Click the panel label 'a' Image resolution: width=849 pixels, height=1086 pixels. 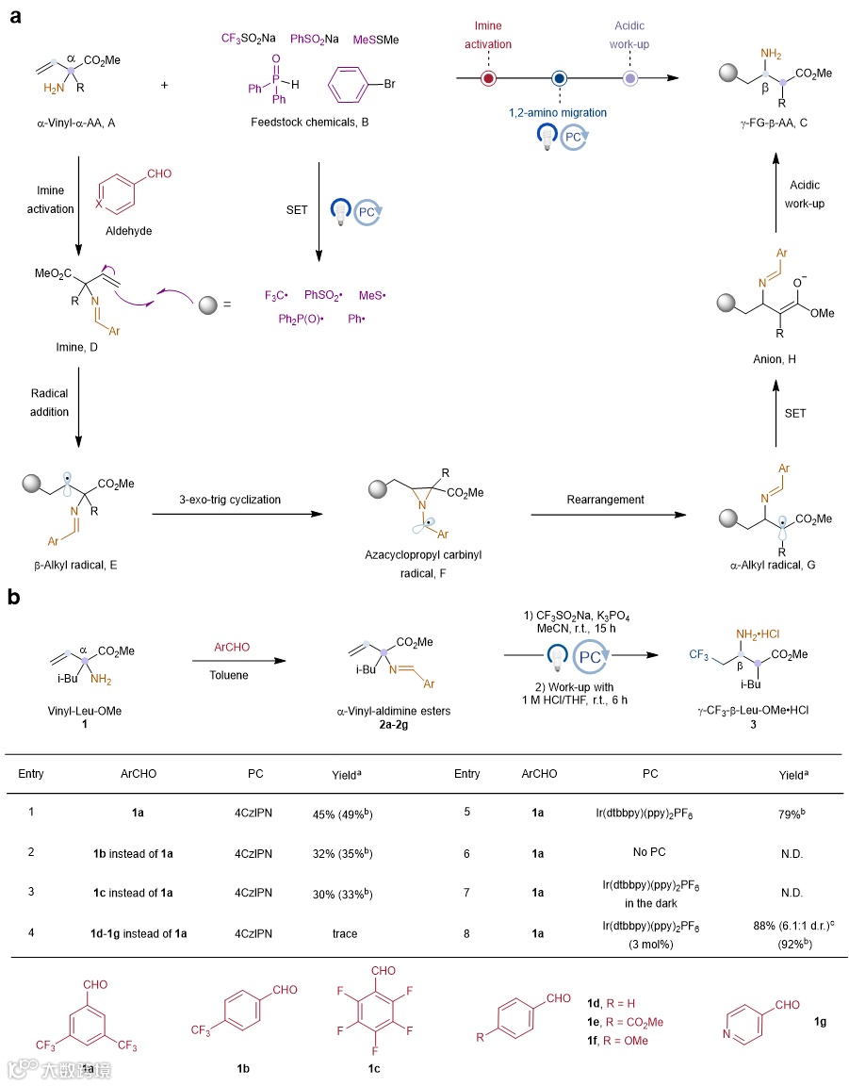[15, 17]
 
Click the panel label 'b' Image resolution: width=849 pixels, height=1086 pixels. [16, 597]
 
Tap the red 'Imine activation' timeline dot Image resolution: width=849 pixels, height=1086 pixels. [489, 78]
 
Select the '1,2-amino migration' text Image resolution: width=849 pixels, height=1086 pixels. [559, 112]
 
